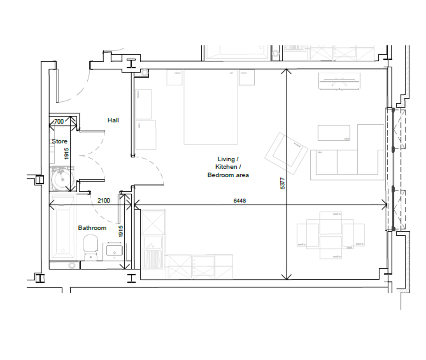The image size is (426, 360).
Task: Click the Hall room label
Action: (x=113, y=120)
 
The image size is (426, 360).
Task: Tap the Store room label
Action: (x=59, y=141)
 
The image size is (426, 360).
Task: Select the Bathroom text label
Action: (x=92, y=228)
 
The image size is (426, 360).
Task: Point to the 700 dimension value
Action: (x=59, y=122)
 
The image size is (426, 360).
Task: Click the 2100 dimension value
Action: (x=104, y=200)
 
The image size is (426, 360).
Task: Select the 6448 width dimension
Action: (x=240, y=200)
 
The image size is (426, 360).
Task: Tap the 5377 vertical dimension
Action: (x=283, y=184)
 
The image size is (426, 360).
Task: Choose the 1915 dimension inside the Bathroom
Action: (x=121, y=232)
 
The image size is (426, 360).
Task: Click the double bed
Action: (x=211, y=107)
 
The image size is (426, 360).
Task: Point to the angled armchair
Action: (x=286, y=154)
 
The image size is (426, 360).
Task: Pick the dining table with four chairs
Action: (x=331, y=235)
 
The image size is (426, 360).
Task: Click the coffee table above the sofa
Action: (x=334, y=133)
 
